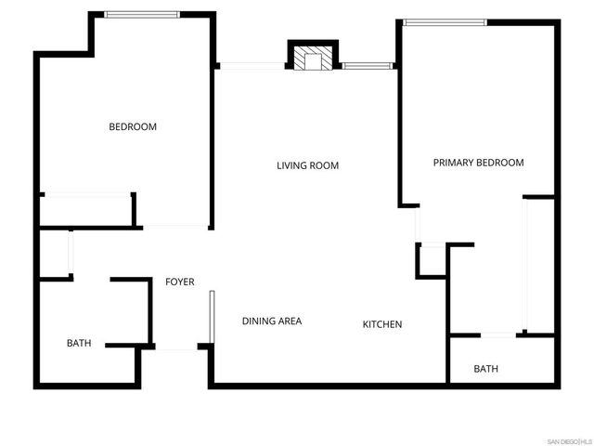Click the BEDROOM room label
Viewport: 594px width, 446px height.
tap(133, 127)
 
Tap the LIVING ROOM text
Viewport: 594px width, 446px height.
tap(307, 166)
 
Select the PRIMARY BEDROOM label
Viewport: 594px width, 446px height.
tap(478, 163)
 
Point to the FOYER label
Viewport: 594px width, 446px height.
tap(179, 282)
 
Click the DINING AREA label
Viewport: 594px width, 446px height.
tap(271, 321)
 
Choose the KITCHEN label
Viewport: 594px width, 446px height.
tap(381, 324)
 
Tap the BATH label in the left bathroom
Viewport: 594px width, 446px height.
tap(79, 343)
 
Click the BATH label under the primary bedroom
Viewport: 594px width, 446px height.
tap(485, 369)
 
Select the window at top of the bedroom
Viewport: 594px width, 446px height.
tap(142, 15)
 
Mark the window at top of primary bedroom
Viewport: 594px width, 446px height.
tap(445, 22)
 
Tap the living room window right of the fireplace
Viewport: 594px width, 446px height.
tap(368, 66)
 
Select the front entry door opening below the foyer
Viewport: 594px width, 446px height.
tap(176, 348)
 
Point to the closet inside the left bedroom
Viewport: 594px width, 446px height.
tap(85, 210)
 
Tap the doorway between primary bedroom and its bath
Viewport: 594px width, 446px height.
tap(499, 334)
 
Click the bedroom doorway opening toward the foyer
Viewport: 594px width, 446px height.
tap(174, 227)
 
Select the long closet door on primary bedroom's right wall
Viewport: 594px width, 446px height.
tap(526, 264)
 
